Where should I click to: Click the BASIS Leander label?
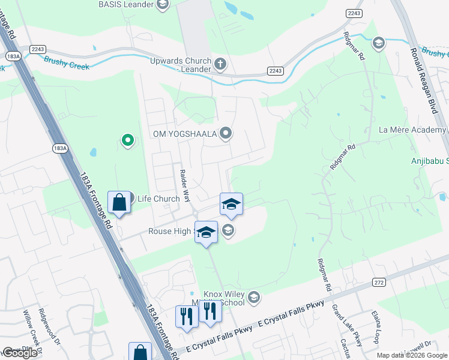click(x=125, y=5)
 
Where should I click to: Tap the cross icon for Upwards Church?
click(x=220, y=62)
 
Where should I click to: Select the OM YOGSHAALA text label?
click(x=185, y=133)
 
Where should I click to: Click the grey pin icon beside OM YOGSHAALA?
click(x=225, y=133)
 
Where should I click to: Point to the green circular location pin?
click(x=127, y=140)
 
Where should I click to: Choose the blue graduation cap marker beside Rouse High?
click(x=206, y=232)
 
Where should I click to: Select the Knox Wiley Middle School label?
click(x=224, y=298)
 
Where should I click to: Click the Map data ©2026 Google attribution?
click(x=412, y=355)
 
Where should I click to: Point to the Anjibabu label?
click(x=429, y=161)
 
